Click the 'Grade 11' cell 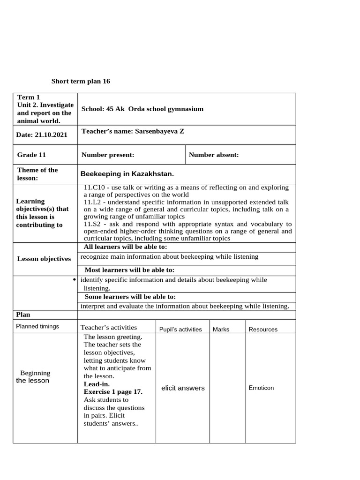(x=32, y=155)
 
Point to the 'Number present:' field (x=108, y=155)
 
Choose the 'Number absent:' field (x=214, y=155)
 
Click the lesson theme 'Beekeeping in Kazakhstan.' (x=127, y=174)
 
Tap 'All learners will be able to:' (x=125, y=247)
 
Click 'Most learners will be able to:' (x=129, y=270)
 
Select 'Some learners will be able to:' (x=130, y=297)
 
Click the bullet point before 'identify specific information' (x=75, y=280)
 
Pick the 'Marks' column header (x=221, y=330)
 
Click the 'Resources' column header (x=262, y=330)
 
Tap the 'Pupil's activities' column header (x=180, y=330)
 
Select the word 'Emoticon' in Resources (x=261, y=388)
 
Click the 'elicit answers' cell (x=182, y=388)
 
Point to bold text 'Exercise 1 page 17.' (x=113, y=391)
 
